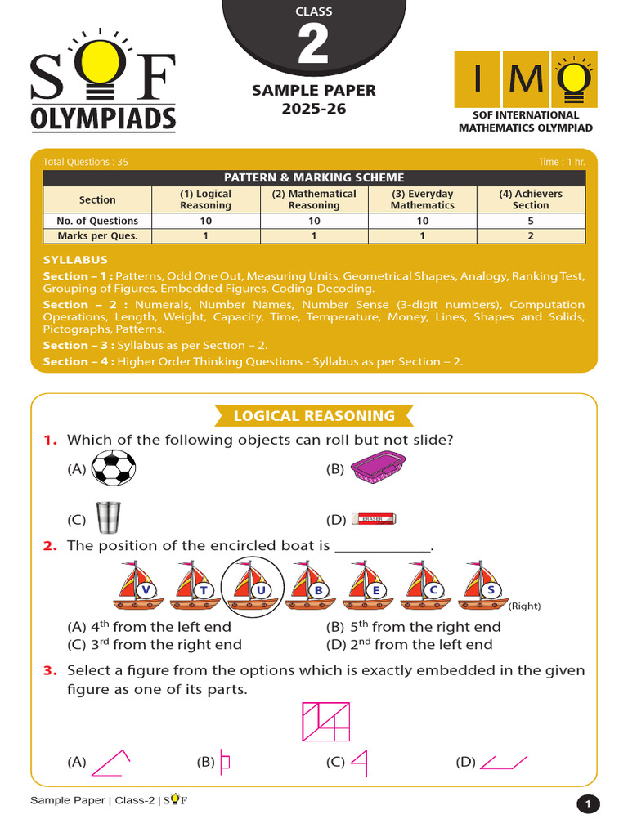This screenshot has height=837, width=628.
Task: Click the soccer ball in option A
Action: click(114, 469)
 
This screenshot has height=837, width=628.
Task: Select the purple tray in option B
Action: click(378, 469)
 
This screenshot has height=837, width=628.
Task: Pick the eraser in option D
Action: click(373, 518)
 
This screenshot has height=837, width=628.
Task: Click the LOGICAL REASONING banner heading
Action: click(314, 416)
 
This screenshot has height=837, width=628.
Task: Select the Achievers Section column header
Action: click(531, 199)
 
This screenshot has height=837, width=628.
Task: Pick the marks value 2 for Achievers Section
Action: click(531, 236)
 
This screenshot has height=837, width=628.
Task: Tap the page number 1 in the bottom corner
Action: click(587, 805)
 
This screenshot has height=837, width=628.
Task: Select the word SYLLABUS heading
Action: click(75, 260)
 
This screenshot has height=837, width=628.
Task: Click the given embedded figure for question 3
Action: click(326, 722)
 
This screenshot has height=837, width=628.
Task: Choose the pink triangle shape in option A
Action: click(110, 763)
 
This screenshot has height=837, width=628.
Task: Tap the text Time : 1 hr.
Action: click(562, 162)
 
